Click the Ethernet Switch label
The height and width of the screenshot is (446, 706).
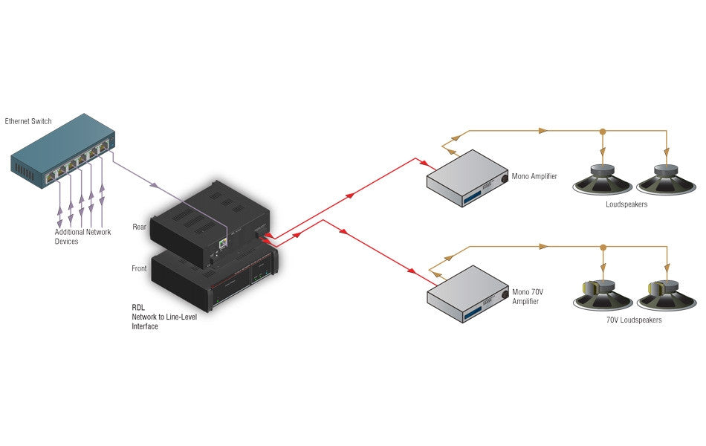tap(28, 121)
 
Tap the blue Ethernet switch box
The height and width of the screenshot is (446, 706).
tap(62, 150)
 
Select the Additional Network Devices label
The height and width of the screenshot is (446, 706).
tap(82, 236)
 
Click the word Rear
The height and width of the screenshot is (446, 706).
tap(139, 227)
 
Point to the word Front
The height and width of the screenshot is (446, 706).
tap(139, 268)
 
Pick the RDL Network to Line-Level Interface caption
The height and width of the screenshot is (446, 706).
tap(164, 317)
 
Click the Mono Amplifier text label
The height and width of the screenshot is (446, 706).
tap(534, 176)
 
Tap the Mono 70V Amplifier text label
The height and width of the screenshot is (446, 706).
tap(528, 297)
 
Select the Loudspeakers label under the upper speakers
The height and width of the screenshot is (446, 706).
tap(626, 204)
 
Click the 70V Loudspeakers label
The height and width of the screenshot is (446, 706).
tap(634, 320)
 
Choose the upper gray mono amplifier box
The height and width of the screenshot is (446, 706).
tap(467, 178)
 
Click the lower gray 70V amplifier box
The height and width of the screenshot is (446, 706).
tap(467, 294)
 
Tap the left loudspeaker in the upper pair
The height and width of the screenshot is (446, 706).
tap(603, 180)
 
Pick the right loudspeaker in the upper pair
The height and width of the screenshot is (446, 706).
tap(667, 180)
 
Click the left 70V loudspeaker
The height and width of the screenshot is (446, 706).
tap(603, 295)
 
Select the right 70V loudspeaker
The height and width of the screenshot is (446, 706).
tap(667, 295)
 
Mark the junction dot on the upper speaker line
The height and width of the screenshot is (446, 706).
tap(603, 131)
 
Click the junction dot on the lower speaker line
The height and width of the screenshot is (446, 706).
tap(603, 247)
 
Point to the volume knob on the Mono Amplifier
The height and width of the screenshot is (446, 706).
tap(505, 179)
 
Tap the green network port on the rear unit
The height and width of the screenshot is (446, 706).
tap(223, 244)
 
